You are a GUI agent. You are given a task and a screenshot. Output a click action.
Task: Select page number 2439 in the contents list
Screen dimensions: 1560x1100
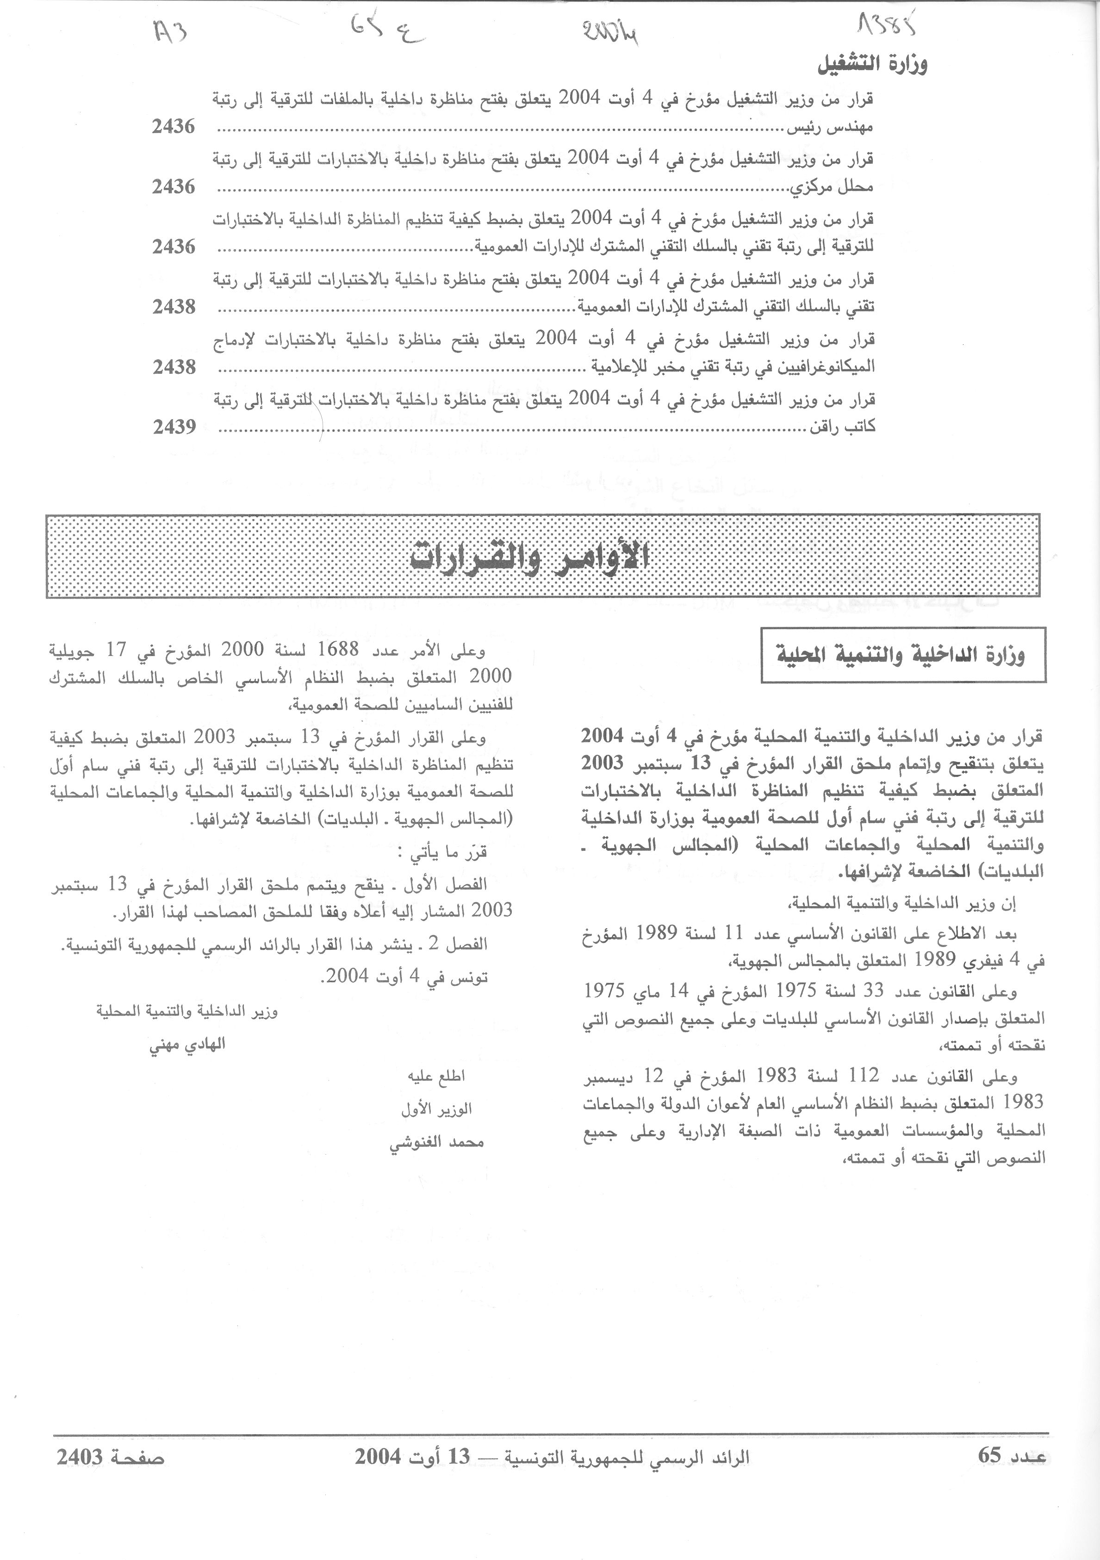tap(174, 427)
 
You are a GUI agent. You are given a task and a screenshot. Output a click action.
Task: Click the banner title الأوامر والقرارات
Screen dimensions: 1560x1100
tap(530, 557)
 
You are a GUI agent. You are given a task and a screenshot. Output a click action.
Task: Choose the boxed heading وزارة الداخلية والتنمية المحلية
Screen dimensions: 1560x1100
tap(902, 655)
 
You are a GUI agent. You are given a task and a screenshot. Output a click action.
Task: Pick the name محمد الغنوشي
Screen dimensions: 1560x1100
tap(436, 1143)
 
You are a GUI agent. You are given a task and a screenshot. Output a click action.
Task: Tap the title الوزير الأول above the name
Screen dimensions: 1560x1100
tap(436, 1109)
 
